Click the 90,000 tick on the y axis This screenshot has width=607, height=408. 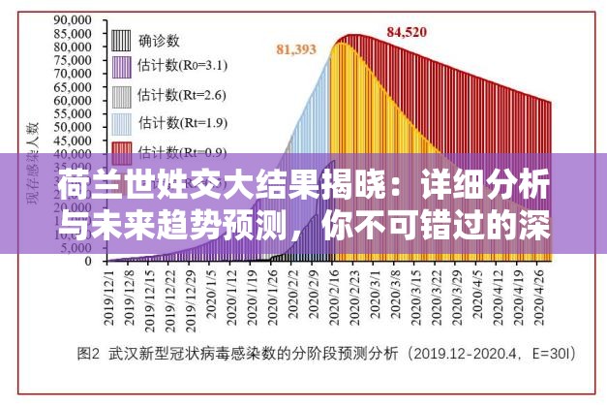(74, 18)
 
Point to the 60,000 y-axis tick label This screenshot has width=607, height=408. (74, 99)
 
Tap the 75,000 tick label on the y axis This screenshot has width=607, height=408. (74, 59)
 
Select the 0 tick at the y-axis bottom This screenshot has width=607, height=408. (88, 261)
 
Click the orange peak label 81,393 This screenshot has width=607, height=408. (296, 48)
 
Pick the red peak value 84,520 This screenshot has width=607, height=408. (407, 31)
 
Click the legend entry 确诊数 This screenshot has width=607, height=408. (159, 41)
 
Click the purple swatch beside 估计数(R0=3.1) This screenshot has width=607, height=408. (121, 68)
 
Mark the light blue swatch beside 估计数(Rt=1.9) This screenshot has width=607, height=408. (121, 123)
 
